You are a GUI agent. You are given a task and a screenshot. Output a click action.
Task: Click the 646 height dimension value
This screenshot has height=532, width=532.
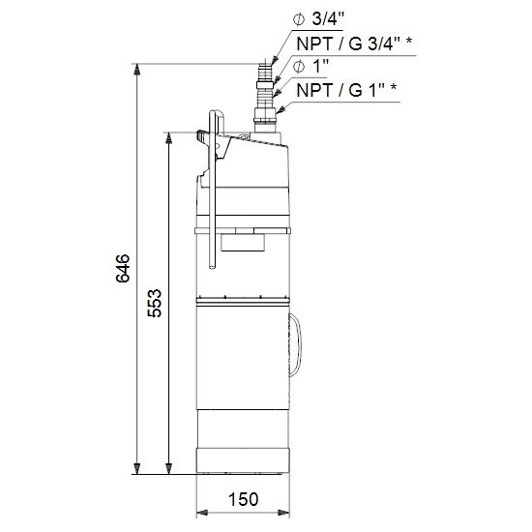coord(123,269)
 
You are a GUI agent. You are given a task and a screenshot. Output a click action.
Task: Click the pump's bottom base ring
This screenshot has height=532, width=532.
coord(243,460)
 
